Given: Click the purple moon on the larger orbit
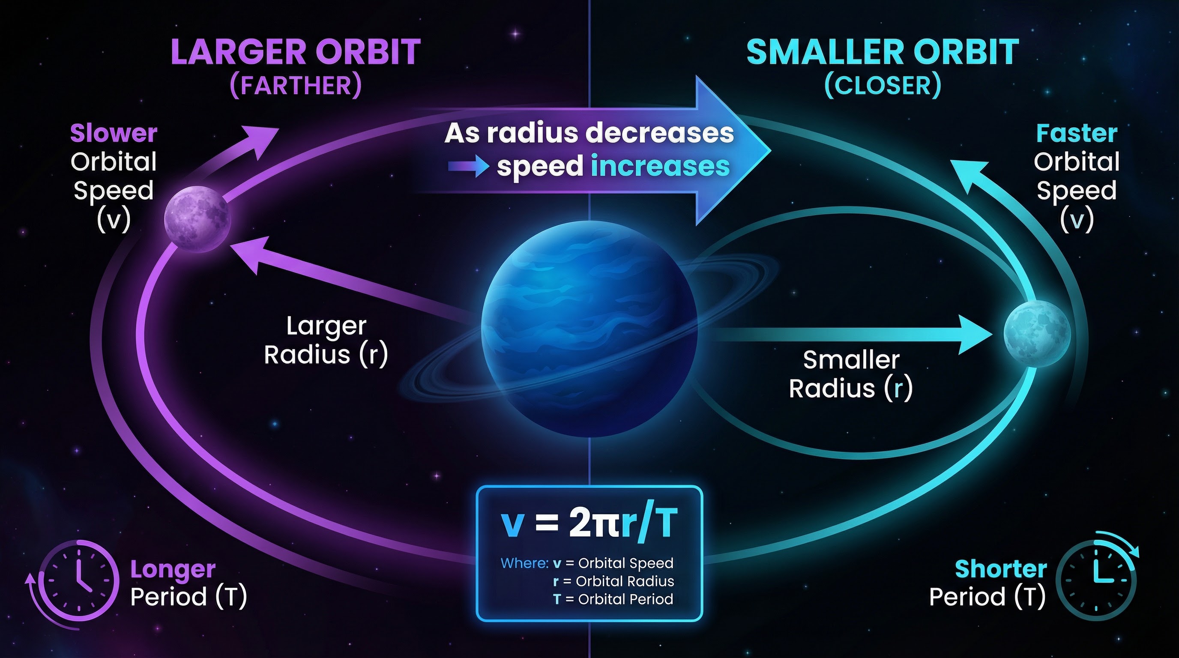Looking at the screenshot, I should click(x=197, y=219).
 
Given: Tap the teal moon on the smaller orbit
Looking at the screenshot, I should click(x=1037, y=334).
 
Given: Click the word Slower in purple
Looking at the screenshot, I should click(x=114, y=133).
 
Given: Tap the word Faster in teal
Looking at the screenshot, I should click(x=1077, y=134).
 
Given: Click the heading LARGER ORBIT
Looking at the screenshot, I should click(x=295, y=52).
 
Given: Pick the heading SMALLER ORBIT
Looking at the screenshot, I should click(x=883, y=52).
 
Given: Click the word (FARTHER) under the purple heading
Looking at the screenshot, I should click(x=296, y=86).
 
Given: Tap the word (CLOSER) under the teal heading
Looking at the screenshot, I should click(x=883, y=86).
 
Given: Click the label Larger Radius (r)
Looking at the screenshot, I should click(x=326, y=341).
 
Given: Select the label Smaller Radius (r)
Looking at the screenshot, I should click(x=851, y=374).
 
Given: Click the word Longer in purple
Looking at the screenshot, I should click(x=173, y=569).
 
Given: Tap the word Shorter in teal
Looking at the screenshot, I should click(x=1000, y=569).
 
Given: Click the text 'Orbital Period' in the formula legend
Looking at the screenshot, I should click(x=625, y=599).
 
